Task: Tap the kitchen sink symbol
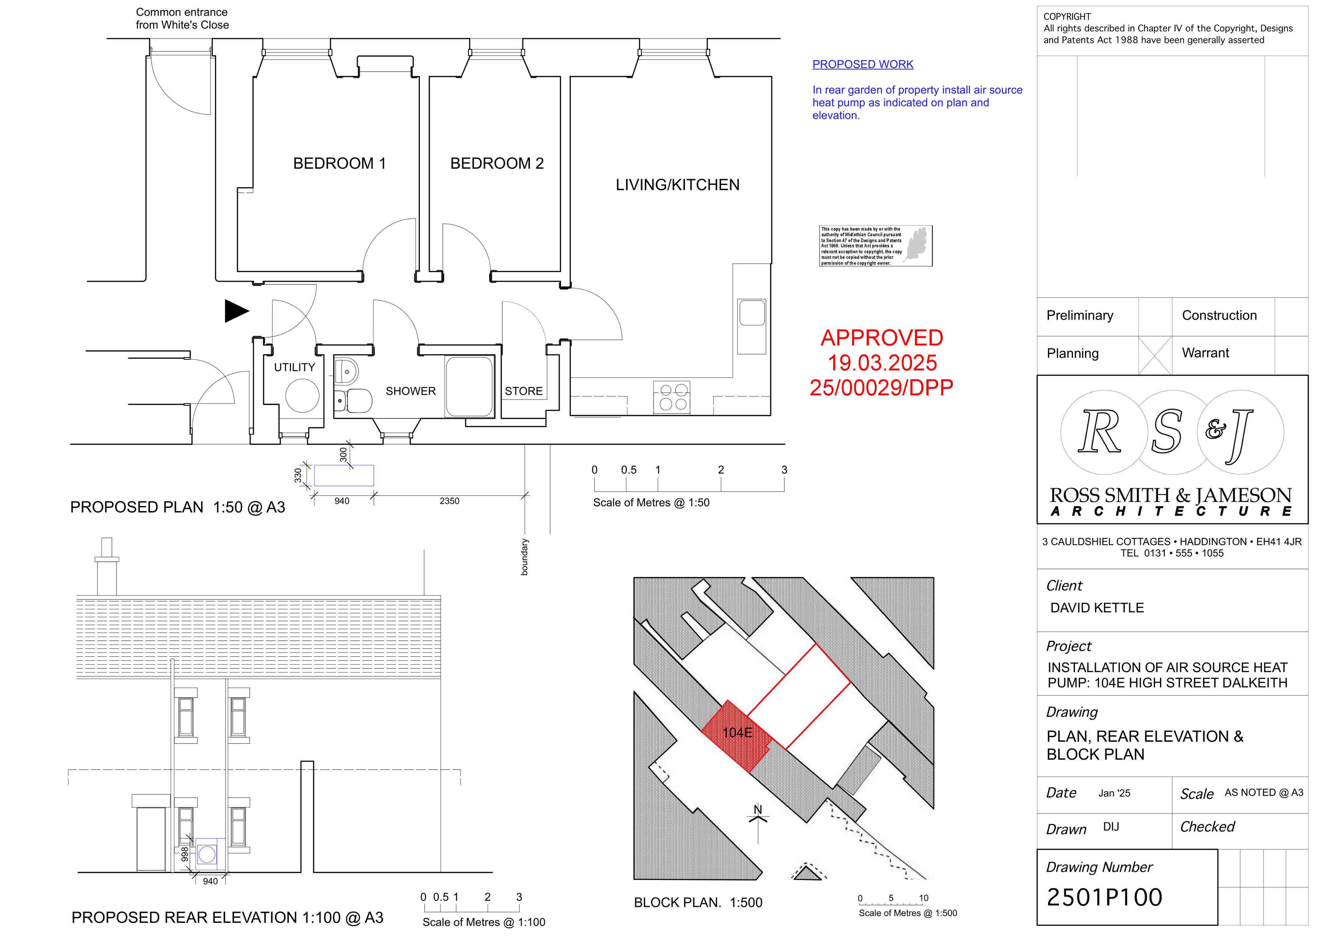pyautogui.click(x=751, y=313)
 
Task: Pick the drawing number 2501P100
pyautogui.click(x=1104, y=897)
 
